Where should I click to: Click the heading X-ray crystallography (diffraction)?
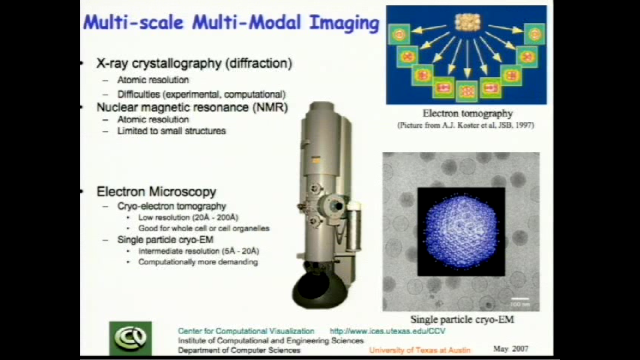click(194, 64)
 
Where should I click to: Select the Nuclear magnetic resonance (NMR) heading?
click(192, 107)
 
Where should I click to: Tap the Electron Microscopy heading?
click(156, 192)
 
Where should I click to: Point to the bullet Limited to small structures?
click(171, 131)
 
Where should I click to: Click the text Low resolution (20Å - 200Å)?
click(188, 217)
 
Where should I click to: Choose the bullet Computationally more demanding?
click(198, 262)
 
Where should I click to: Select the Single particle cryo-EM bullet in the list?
click(165, 240)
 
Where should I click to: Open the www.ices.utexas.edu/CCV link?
click(387, 331)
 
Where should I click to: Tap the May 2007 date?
click(510, 349)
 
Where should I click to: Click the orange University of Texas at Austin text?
click(419, 350)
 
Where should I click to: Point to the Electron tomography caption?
click(467, 113)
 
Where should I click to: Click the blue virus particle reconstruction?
click(461, 232)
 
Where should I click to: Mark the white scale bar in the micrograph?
click(520, 299)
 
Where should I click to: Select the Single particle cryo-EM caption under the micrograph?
click(462, 320)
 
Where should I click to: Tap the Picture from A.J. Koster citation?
click(465, 126)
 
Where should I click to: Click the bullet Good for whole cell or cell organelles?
click(203, 229)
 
